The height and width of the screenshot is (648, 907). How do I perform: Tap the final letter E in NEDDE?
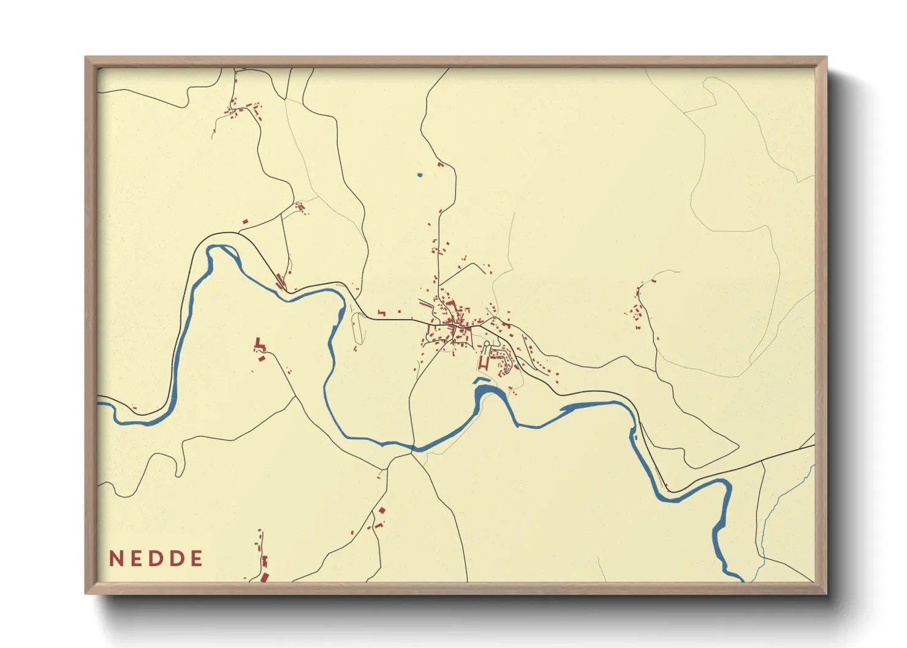pos(197,559)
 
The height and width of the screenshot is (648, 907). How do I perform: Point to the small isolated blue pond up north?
pos(420,175)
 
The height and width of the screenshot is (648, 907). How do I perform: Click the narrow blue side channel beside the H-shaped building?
pos(482,380)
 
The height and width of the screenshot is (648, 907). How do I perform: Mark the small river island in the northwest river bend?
pos(224,251)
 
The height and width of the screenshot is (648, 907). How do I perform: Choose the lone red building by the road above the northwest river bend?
pos(245,221)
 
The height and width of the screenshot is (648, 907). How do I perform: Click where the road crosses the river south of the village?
pos(412,448)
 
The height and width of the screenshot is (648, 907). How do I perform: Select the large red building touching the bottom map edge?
pos(265,577)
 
